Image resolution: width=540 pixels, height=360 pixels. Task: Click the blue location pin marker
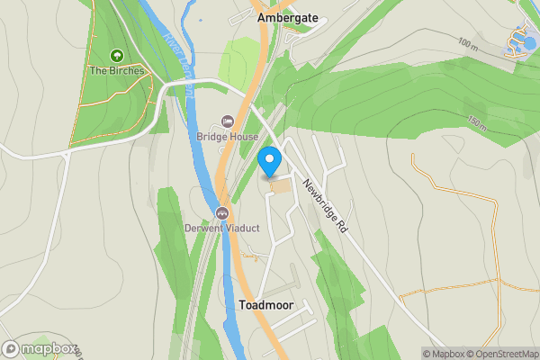click(269, 163)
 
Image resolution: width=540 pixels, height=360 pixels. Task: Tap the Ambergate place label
click(287, 17)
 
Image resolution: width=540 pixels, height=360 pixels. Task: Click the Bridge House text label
click(228, 137)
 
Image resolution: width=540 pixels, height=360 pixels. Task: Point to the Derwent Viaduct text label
click(221, 228)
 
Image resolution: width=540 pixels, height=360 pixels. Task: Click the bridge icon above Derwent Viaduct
click(221, 213)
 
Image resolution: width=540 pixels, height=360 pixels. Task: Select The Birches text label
click(116, 70)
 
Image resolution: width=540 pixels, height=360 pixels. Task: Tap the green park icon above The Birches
click(116, 56)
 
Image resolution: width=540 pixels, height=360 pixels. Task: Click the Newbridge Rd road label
click(326, 206)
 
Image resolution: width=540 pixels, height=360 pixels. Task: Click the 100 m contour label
click(468, 43)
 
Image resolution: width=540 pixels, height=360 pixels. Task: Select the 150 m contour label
click(478, 121)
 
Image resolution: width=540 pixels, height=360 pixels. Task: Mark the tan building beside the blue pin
click(281, 186)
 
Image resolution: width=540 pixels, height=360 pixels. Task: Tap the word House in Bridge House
click(243, 137)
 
